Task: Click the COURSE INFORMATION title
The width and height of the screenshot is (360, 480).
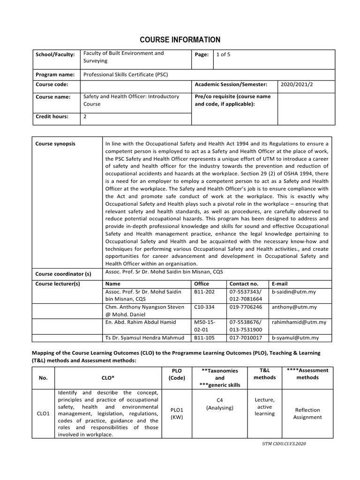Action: pos(180,40)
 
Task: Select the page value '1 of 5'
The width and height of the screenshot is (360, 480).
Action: pos(223,54)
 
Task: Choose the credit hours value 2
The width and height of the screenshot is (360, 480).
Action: pos(85,117)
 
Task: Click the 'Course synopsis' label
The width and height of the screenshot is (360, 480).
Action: pos(55,144)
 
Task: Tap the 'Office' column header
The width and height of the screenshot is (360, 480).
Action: pos(202,284)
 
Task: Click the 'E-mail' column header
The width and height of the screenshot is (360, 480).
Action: pos(280,284)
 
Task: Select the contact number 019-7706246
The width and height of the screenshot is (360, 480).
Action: pos(246,307)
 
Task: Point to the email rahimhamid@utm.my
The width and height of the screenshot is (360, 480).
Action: pos(299,322)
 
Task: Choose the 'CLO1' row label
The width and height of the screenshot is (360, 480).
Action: pos(43,413)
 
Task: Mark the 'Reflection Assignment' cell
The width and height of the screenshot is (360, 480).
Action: pos(307,413)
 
